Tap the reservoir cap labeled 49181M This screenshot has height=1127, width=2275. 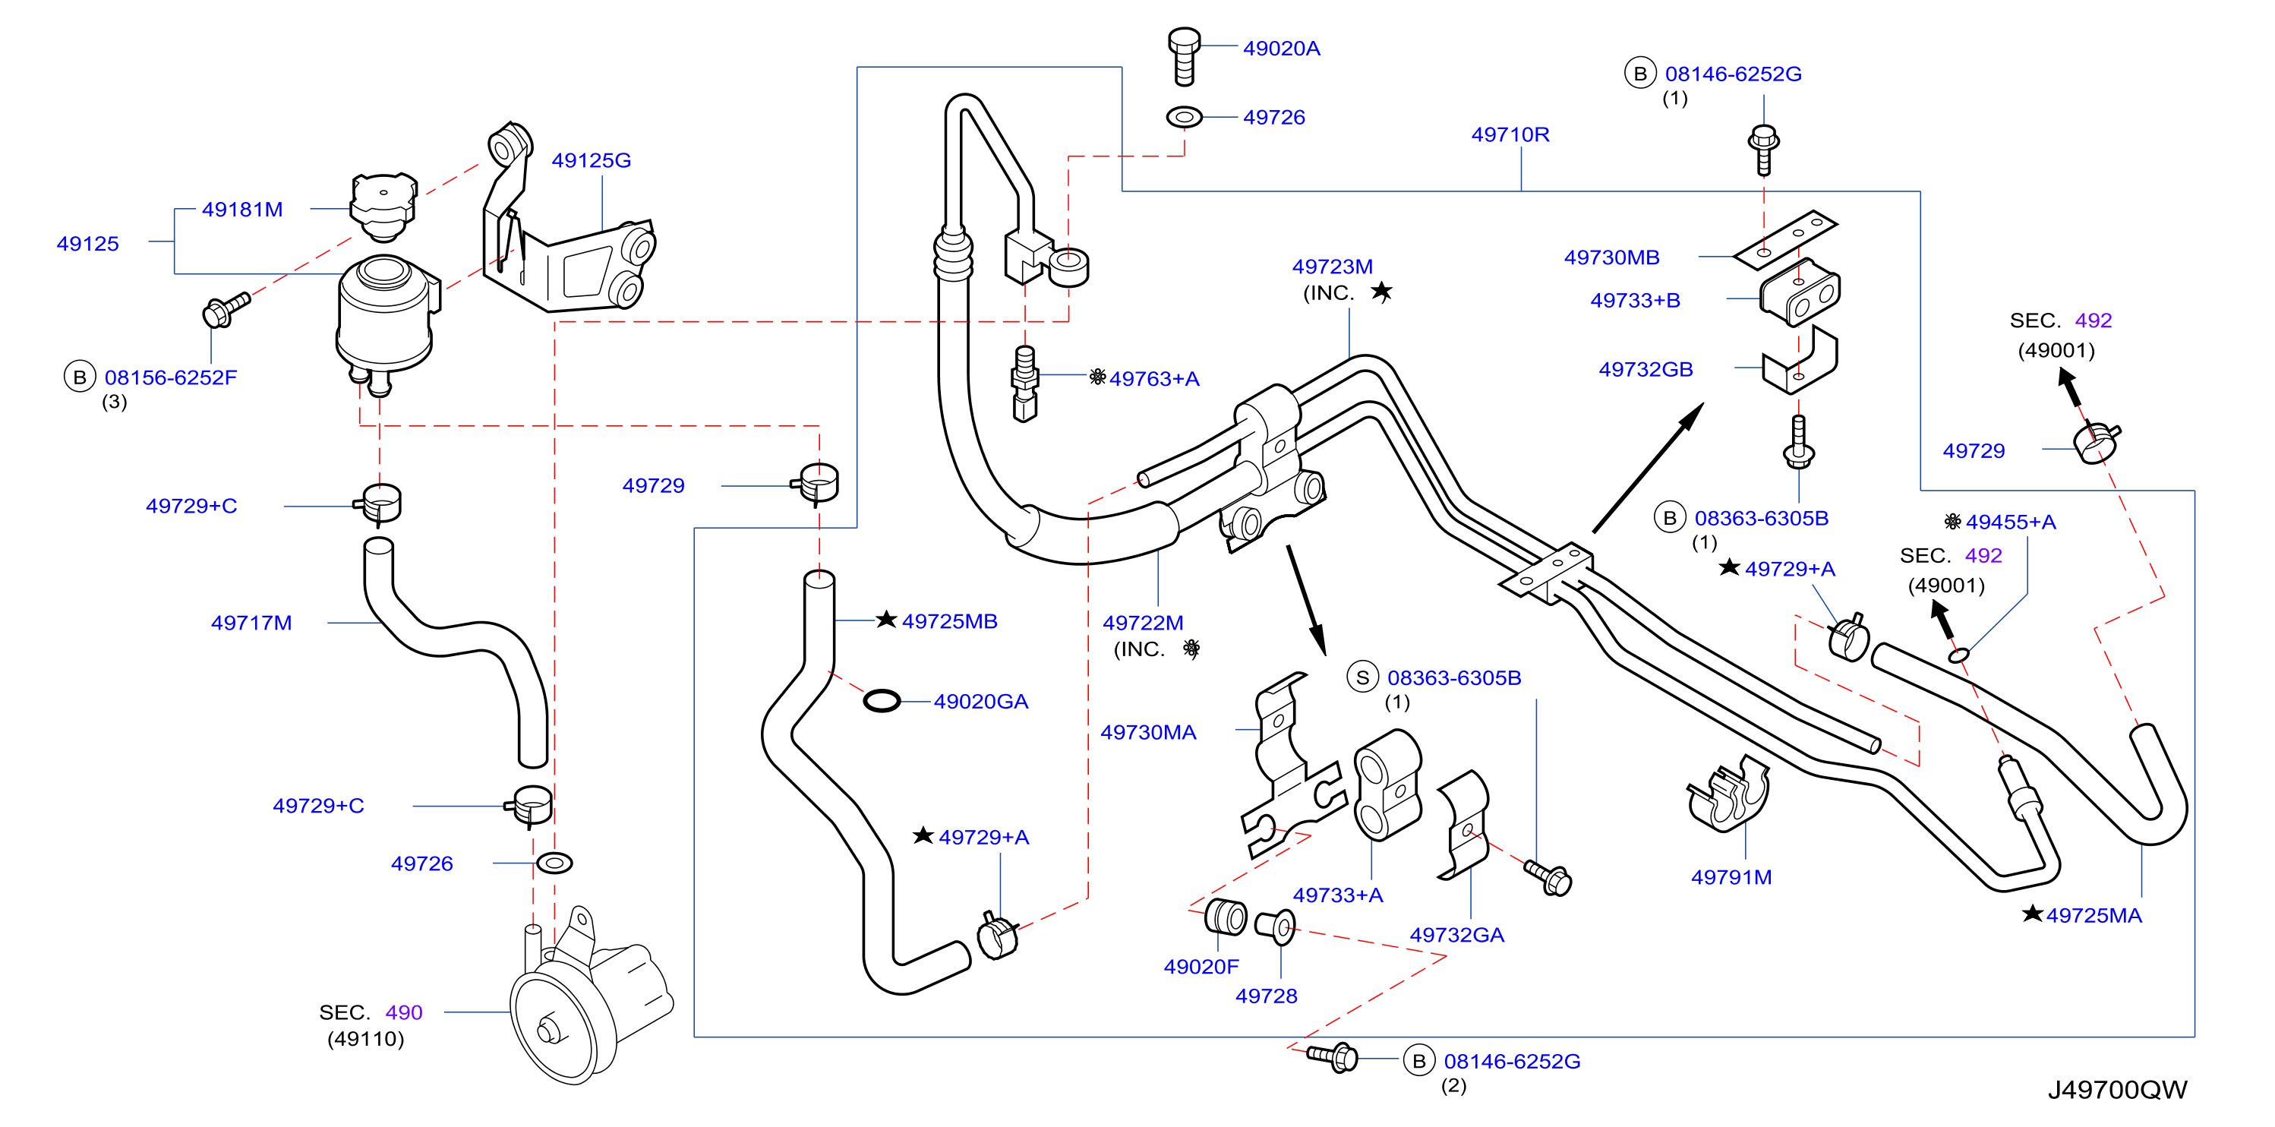[x=383, y=207]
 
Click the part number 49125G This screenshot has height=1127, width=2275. [x=591, y=160]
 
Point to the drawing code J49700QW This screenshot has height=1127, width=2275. [x=2117, y=1090]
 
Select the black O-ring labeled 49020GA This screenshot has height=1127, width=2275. [x=882, y=701]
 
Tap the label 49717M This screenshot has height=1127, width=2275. [x=251, y=623]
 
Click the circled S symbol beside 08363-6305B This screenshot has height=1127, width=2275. [x=1363, y=677]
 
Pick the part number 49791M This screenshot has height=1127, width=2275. [x=1731, y=877]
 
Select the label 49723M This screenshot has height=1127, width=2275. [x=1332, y=267]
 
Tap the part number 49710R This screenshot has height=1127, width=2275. [x=1510, y=134]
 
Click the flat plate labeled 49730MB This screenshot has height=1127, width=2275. [x=1785, y=239]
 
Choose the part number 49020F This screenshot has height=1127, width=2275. [x=1201, y=966]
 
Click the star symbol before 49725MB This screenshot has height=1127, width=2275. [x=887, y=619]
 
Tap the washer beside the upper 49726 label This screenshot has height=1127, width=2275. [x=1185, y=117]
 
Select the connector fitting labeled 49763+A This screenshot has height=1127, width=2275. [x=1024, y=384]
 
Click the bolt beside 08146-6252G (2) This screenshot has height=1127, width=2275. [x=1333, y=1056]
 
